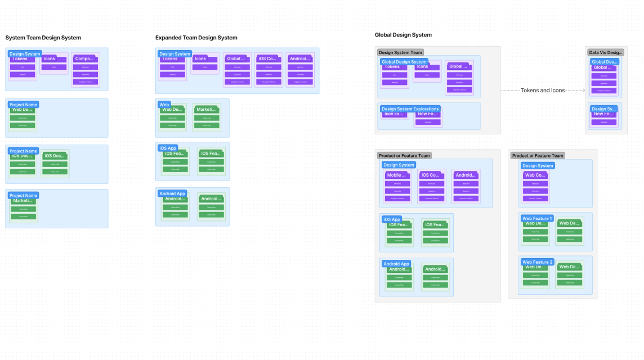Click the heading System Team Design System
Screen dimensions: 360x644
coord(43,38)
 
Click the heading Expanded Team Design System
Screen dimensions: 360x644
coord(196,38)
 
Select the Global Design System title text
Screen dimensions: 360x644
coord(403,35)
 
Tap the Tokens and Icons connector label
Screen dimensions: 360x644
coord(543,90)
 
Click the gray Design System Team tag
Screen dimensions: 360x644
coord(400,52)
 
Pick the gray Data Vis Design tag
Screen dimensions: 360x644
coord(606,52)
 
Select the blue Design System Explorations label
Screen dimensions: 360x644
coord(410,109)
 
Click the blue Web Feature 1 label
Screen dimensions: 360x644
coord(538,218)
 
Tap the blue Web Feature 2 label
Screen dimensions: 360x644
coord(538,262)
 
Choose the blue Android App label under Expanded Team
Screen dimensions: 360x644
coord(172,193)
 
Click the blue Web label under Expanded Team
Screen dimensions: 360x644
coord(164,105)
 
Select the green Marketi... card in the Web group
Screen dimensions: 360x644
coord(207,118)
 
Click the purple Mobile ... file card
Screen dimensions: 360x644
coord(397,186)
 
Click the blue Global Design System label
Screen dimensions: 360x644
coord(404,62)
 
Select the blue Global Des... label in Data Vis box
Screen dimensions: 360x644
coord(605,62)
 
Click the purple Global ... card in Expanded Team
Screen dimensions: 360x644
coord(237,70)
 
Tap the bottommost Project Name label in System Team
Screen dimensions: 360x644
coord(24,196)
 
